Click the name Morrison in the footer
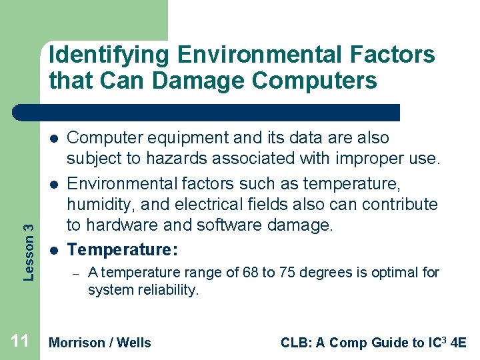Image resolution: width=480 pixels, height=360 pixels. (x=77, y=343)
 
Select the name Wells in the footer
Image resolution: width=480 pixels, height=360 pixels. (x=134, y=343)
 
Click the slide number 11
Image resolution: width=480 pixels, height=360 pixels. (x=20, y=342)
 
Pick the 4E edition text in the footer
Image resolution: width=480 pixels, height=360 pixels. (x=459, y=343)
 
